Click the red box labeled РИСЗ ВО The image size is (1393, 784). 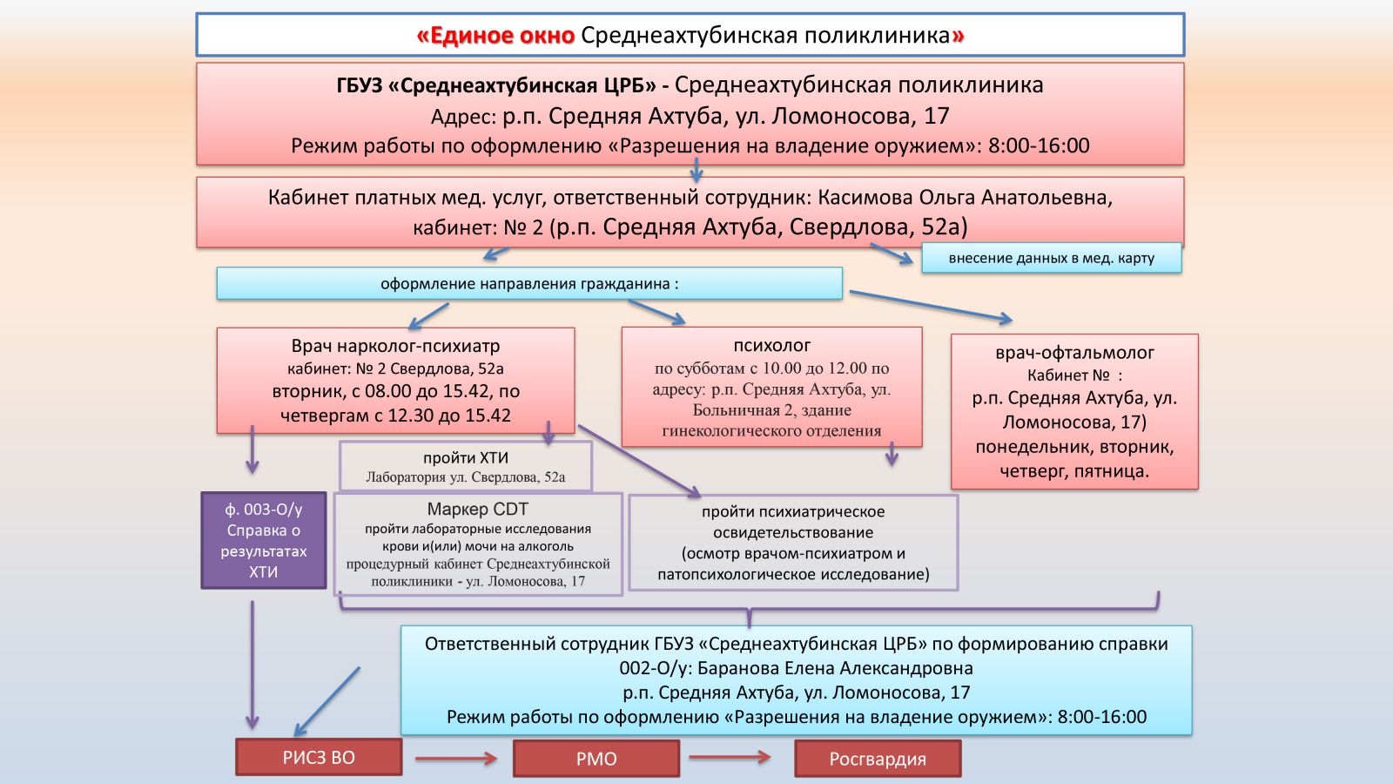tap(319, 757)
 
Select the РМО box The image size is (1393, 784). tap(596, 759)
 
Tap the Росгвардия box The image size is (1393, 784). tap(878, 759)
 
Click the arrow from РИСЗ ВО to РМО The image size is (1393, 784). tap(456, 759)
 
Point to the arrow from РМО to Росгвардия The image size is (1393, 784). tap(730, 757)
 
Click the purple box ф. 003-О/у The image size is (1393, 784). tap(264, 540)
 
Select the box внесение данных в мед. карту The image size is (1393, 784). tap(1051, 258)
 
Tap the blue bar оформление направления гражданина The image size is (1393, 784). tap(529, 283)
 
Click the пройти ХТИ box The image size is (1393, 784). tap(466, 466)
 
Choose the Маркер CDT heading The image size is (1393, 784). tap(477, 510)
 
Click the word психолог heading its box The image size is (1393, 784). tap(771, 345)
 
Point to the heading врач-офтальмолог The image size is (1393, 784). tap(1074, 352)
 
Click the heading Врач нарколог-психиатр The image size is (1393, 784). tap(395, 346)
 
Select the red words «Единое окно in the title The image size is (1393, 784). tap(495, 36)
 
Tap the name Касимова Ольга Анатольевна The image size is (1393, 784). tap(965, 197)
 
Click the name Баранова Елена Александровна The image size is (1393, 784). tap(835, 668)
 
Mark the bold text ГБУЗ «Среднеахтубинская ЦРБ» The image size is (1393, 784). tap(496, 85)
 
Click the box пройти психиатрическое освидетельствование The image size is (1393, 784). tap(793, 542)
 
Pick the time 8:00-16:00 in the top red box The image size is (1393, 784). tap(1038, 145)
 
